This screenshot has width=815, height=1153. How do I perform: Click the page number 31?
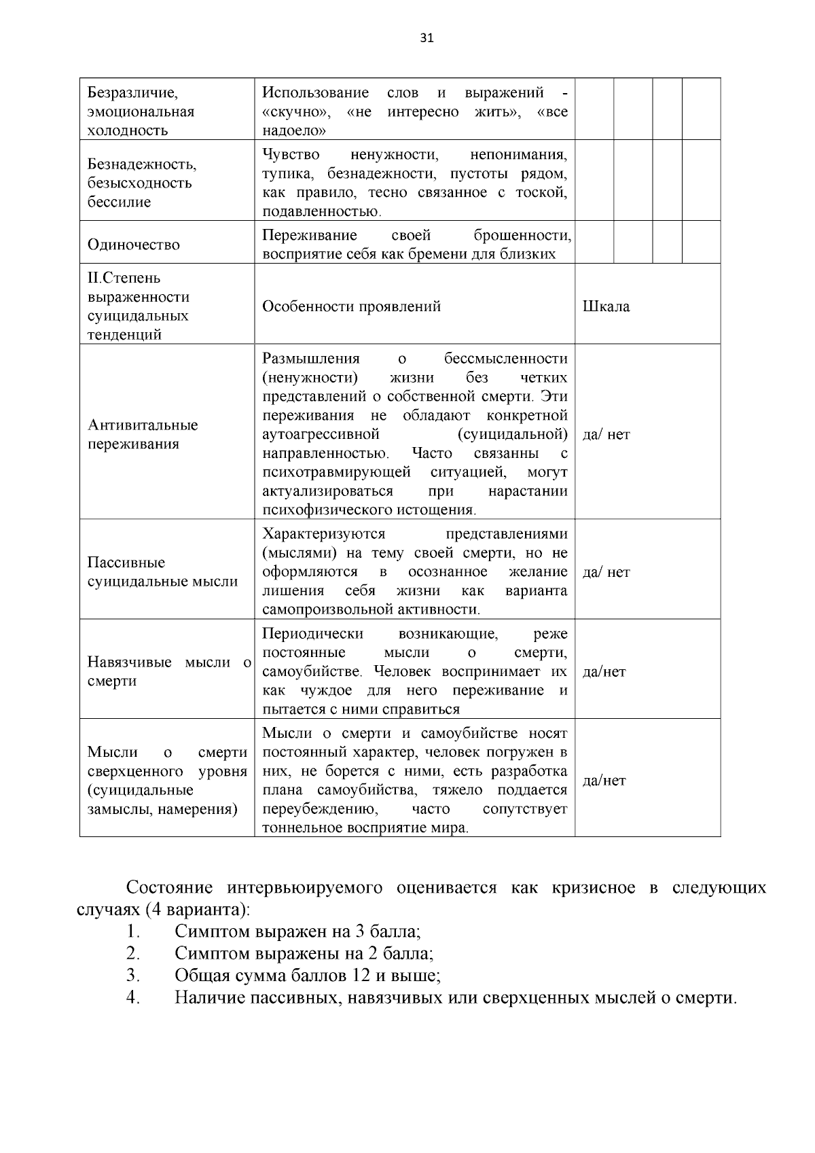(x=427, y=38)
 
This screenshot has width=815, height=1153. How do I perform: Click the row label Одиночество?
(x=134, y=245)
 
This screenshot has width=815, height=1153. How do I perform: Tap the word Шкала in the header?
(x=606, y=306)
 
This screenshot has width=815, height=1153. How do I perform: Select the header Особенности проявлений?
(x=351, y=306)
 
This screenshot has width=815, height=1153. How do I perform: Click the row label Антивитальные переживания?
(x=143, y=434)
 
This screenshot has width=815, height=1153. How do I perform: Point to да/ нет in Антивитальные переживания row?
(x=606, y=435)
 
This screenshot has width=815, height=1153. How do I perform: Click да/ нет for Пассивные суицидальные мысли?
(x=606, y=572)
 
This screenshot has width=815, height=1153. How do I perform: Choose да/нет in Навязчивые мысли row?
(x=604, y=672)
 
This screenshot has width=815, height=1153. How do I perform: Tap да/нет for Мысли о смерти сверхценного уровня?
(x=604, y=781)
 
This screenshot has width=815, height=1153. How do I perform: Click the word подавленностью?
(x=321, y=211)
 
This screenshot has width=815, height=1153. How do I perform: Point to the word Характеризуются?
(x=323, y=534)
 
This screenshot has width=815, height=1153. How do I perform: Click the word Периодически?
(x=312, y=634)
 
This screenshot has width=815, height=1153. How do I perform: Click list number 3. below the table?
(x=133, y=976)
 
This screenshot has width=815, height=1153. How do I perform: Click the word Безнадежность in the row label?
(x=142, y=164)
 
